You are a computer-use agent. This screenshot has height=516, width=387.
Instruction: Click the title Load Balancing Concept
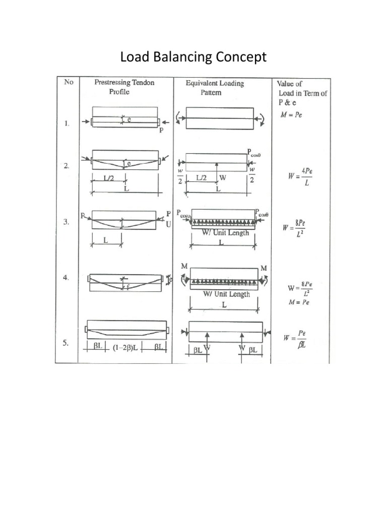[x=193, y=57]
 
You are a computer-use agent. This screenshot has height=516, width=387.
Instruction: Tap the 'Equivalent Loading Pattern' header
[x=215, y=87]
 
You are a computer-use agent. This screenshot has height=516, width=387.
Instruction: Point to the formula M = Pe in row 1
[x=291, y=114]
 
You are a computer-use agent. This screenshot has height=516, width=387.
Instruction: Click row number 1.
[x=67, y=122]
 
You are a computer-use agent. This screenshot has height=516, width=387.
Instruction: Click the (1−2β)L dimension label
[x=125, y=347]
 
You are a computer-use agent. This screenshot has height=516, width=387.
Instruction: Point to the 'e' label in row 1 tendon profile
[x=130, y=120]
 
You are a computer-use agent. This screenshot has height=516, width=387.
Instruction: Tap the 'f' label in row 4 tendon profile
[x=128, y=288]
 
